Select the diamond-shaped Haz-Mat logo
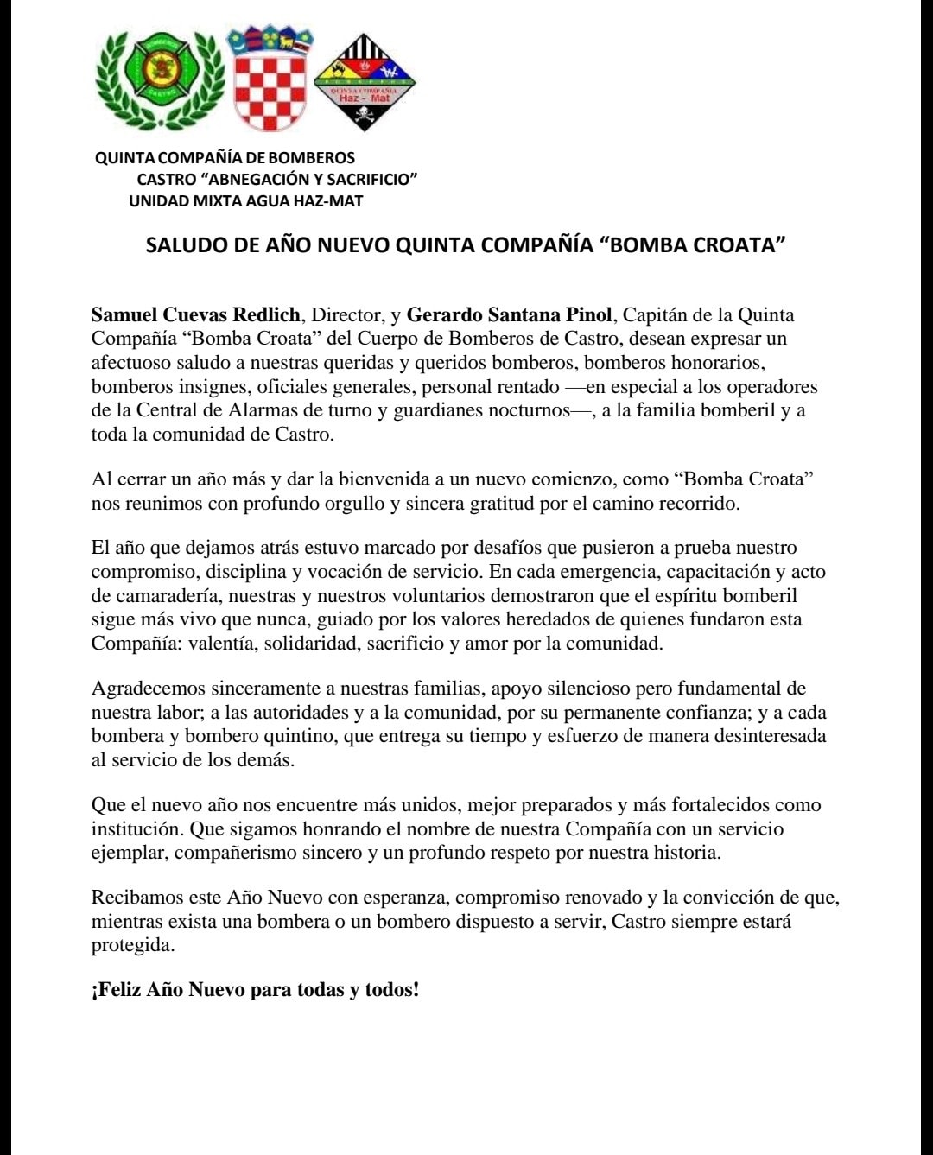point(364,82)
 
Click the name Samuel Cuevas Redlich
point(196,315)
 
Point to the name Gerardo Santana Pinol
point(509,315)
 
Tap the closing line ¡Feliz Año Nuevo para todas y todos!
point(255,990)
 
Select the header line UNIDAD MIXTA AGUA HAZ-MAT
point(245,201)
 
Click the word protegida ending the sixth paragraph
point(132,945)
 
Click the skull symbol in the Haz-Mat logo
point(363,113)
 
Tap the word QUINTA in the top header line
point(124,158)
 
